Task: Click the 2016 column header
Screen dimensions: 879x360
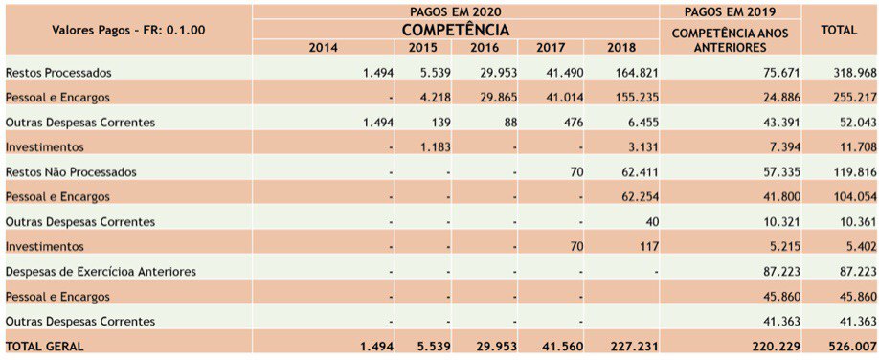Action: pos(485,47)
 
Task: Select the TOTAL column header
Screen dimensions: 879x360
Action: pos(839,30)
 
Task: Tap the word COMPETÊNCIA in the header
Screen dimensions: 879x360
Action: pos(456,29)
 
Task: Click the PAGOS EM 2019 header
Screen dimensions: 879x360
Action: pos(731,11)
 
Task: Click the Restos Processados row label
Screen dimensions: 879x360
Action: pos(58,73)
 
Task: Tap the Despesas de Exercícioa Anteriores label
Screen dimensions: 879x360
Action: pos(101,271)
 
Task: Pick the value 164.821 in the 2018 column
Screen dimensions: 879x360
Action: pos(635,73)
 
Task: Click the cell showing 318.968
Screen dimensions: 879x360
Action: pos(853,73)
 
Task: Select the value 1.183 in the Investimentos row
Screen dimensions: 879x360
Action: pos(434,146)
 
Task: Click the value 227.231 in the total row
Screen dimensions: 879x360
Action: pos(635,346)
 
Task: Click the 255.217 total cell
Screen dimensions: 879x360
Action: pos(853,97)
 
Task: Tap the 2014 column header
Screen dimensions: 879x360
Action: pos(324,47)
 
